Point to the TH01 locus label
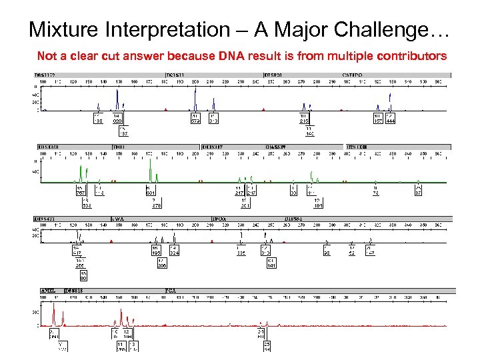click(119, 147)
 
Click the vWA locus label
click(117, 218)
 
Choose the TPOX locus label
click(219, 218)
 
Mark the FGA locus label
click(171, 291)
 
